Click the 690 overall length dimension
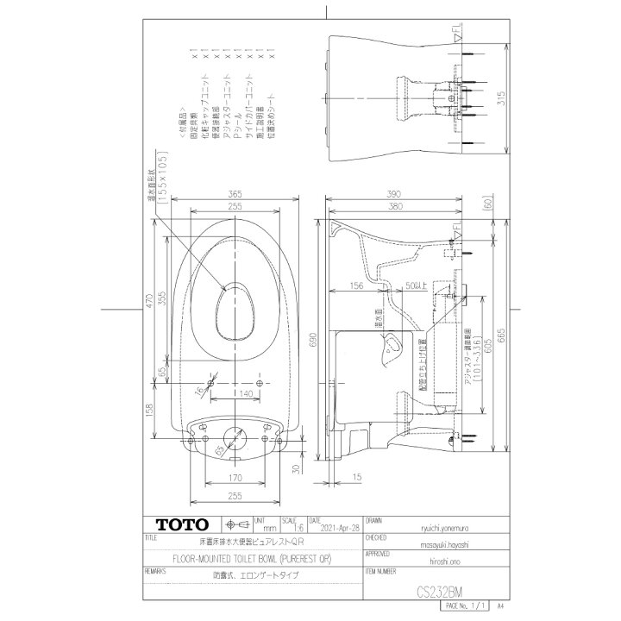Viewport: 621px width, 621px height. [313, 342]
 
